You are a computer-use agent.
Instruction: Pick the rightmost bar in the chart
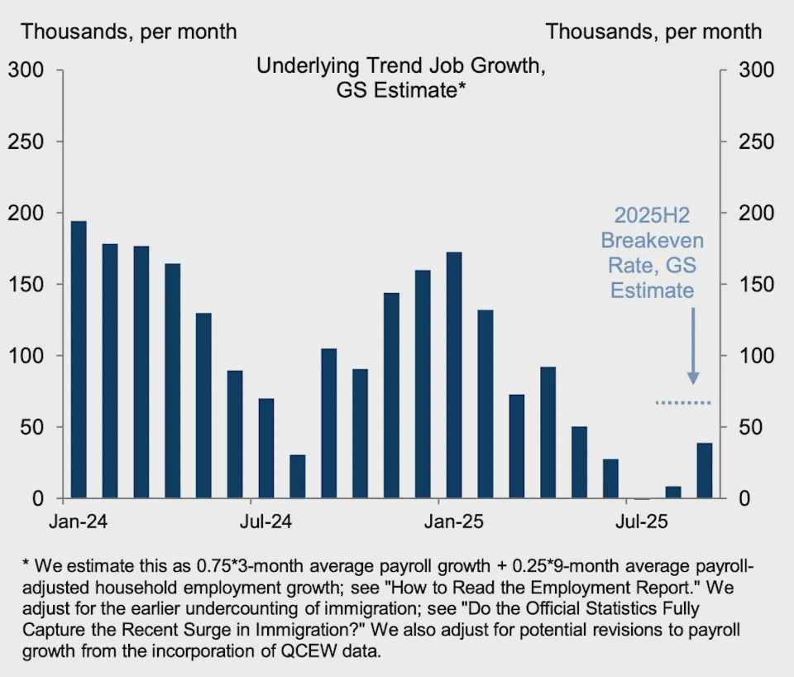pos(704,471)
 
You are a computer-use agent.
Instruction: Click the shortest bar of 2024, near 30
pos(297,477)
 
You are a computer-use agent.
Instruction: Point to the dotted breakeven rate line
pos(682,403)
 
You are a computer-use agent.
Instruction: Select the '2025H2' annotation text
pos(652,214)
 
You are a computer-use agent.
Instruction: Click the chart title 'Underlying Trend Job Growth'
pos(400,66)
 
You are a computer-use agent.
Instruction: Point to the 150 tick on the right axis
pos(756,285)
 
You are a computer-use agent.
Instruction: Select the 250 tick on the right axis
pos(756,142)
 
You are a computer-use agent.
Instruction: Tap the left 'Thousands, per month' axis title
pos(129,31)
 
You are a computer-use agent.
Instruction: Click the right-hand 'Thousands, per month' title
pos(653,31)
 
